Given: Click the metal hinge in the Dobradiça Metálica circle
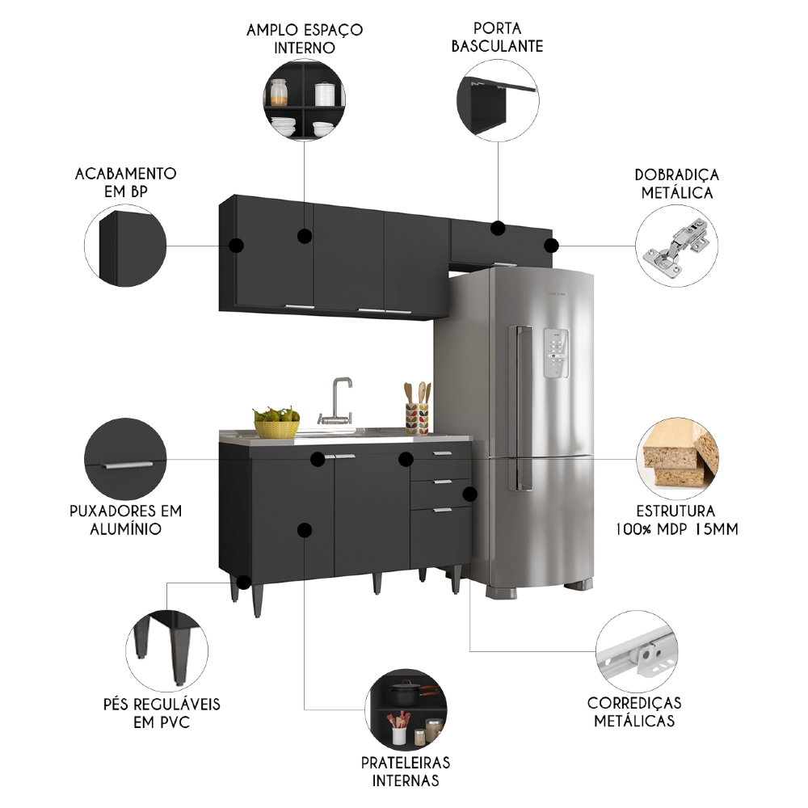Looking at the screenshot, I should click(x=676, y=244).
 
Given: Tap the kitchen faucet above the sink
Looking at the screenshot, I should click(x=339, y=399).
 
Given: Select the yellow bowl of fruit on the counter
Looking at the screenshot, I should click(x=276, y=423).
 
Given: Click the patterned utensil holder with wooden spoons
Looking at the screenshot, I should click(x=417, y=417).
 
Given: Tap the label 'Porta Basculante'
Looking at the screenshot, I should click(x=497, y=37).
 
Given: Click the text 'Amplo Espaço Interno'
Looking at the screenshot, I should click(x=305, y=38).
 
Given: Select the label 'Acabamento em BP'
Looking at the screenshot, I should click(x=125, y=182).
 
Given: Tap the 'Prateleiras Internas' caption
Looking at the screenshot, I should click(x=406, y=771).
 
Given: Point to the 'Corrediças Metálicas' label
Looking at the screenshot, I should click(x=634, y=711).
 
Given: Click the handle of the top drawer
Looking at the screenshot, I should click(x=440, y=454).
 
